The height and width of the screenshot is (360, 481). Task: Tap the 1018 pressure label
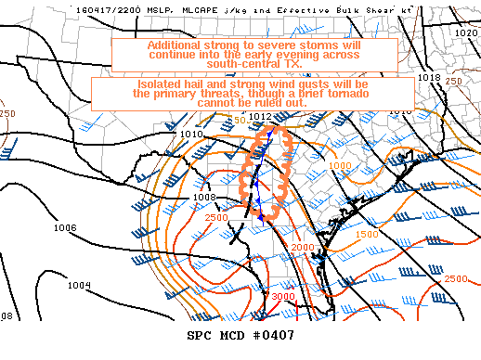point(428,77)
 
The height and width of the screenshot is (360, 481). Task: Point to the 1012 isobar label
point(260,116)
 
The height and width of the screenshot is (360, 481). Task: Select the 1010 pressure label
point(191,135)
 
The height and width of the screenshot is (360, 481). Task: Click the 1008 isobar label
point(204,198)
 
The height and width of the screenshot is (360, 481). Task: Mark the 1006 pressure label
point(65,227)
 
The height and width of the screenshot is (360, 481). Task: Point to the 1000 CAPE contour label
point(340,165)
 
